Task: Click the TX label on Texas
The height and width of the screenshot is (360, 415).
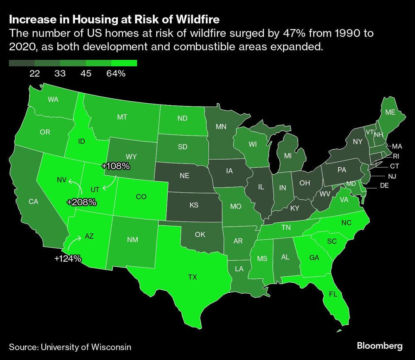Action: coord(193,277)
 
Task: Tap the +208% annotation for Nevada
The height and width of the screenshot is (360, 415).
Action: coord(82,202)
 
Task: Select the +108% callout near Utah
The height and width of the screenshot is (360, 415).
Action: coord(116,166)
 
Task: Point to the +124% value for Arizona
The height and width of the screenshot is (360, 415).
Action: coord(68,259)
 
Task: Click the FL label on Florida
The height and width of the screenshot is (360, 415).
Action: coord(333,294)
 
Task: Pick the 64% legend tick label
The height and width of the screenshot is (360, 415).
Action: coord(116,73)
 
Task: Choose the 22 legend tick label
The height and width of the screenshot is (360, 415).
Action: coord(34,73)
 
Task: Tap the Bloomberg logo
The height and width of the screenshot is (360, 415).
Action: coord(380,345)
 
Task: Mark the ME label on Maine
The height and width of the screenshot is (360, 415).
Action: coord(390,112)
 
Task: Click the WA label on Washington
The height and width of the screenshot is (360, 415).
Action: coord(53,99)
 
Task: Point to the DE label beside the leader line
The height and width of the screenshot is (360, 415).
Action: coord(384,185)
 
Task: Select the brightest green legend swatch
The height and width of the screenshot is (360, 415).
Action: coord(124,63)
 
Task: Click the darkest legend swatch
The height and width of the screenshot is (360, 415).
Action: coord(22,63)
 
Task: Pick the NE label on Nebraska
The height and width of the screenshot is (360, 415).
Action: coord(185,175)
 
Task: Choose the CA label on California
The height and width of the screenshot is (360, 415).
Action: coord(33,202)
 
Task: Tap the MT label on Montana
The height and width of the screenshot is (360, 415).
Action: coord(122,117)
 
